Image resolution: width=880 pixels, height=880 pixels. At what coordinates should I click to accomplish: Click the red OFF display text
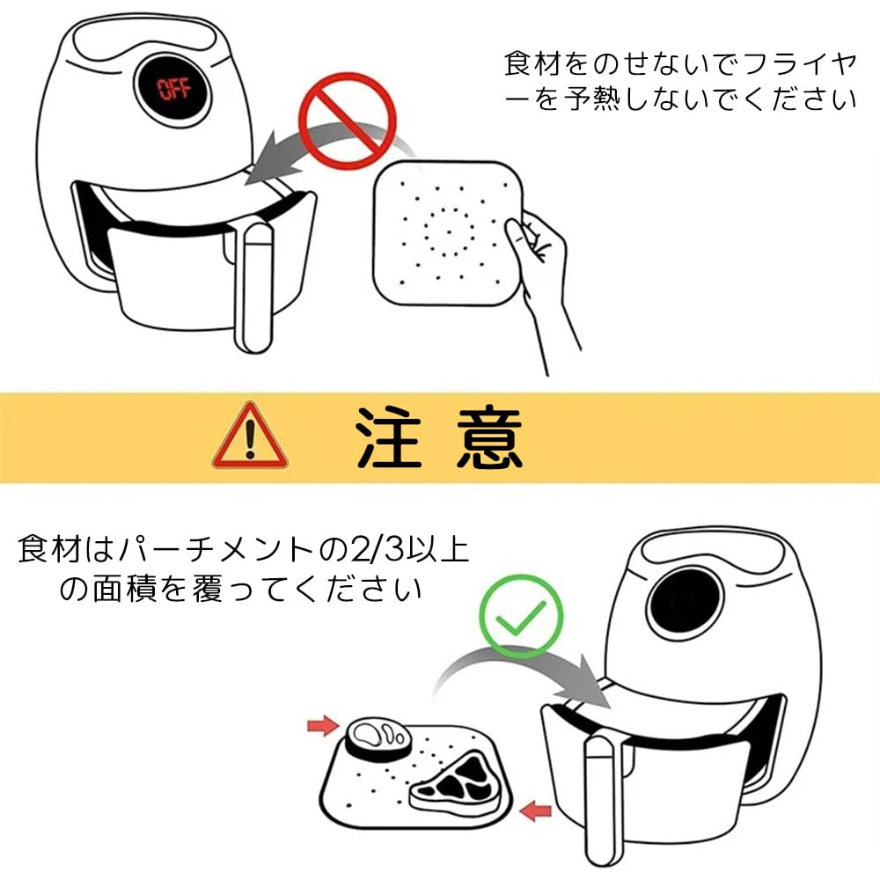coord(174,89)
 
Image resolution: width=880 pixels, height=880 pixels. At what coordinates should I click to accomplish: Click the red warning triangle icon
coord(250,436)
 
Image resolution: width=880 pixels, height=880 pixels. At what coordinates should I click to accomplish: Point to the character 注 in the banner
coord(388,436)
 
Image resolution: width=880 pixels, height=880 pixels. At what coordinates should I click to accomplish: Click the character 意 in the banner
coord(488,436)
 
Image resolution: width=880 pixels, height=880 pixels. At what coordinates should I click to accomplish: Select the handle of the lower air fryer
coord(604,802)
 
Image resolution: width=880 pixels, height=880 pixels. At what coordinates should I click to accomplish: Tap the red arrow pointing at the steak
coord(536,811)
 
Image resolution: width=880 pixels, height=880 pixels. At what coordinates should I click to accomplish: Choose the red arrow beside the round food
coord(323,726)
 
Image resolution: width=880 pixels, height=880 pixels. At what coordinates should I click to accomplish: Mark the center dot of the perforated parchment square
coord(449,231)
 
